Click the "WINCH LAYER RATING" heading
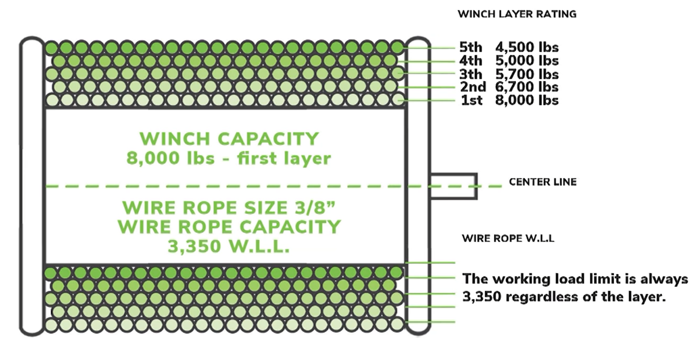tap(516, 14)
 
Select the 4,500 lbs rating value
tap(527, 47)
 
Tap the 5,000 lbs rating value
tap(527, 61)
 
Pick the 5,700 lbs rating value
tap(527, 75)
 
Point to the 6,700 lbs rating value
tap(527, 87)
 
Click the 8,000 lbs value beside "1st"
tap(527, 100)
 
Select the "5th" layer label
tap(471, 47)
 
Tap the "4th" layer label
tap(471, 61)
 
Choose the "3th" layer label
tap(471, 75)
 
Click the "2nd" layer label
tap(473, 87)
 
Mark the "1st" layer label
tap(472, 100)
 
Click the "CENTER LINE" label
tap(543, 182)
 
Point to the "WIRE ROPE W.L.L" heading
tap(508, 238)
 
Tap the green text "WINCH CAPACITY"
tap(229, 139)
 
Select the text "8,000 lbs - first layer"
tap(229, 158)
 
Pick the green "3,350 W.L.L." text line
tap(229, 246)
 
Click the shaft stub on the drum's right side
tap(453, 186)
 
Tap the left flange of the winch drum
tap(32, 186)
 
